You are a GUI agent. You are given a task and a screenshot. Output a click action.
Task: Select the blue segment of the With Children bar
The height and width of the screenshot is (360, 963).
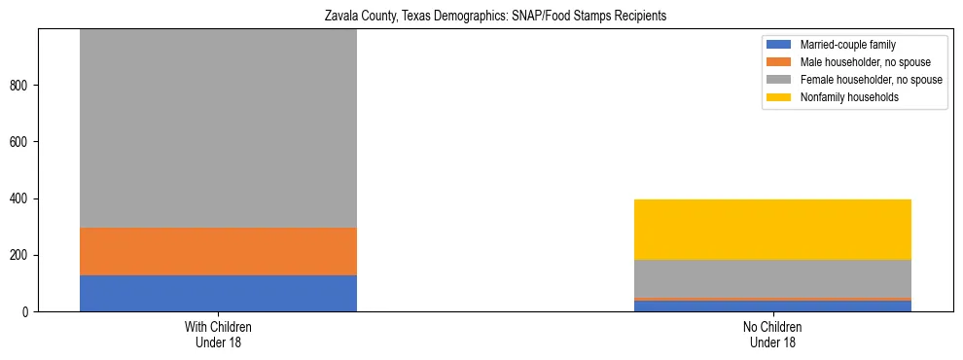pyautogui.click(x=218, y=293)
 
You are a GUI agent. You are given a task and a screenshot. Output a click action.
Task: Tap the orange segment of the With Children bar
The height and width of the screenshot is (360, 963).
pyautogui.click(x=218, y=251)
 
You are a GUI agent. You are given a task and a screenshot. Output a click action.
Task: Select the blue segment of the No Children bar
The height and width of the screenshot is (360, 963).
pyautogui.click(x=772, y=306)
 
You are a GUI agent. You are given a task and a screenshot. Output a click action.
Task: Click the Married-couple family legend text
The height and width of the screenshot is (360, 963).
pyautogui.click(x=847, y=45)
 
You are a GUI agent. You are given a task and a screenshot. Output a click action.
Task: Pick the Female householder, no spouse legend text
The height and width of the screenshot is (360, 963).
pyautogui.click(x=871, y=80)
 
